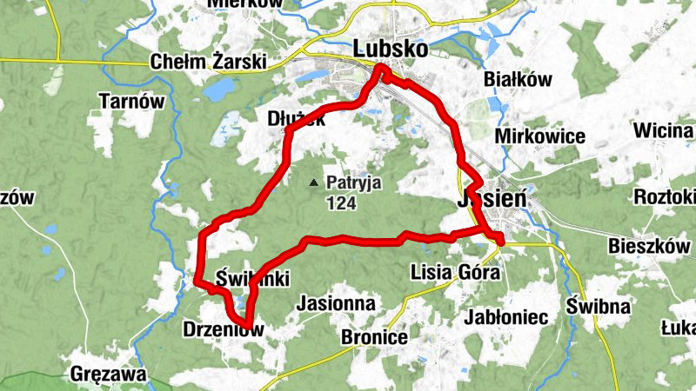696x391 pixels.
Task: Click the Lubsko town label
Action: pos(391,50)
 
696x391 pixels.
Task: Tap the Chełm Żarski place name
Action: pos(208,63)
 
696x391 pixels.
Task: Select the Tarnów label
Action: pos(132,101)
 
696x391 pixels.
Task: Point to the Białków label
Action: pos(519,80)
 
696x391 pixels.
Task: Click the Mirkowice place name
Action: pos(539,136)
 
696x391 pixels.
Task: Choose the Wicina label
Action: pos(664,131)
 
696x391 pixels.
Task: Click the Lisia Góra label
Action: pos(455,273)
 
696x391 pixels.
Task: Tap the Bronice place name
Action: pos(375,336)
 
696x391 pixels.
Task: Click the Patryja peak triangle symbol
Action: pos(313,182)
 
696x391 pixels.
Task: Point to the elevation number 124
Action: pos(343,204)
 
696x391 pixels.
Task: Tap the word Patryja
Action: pos(354,183)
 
